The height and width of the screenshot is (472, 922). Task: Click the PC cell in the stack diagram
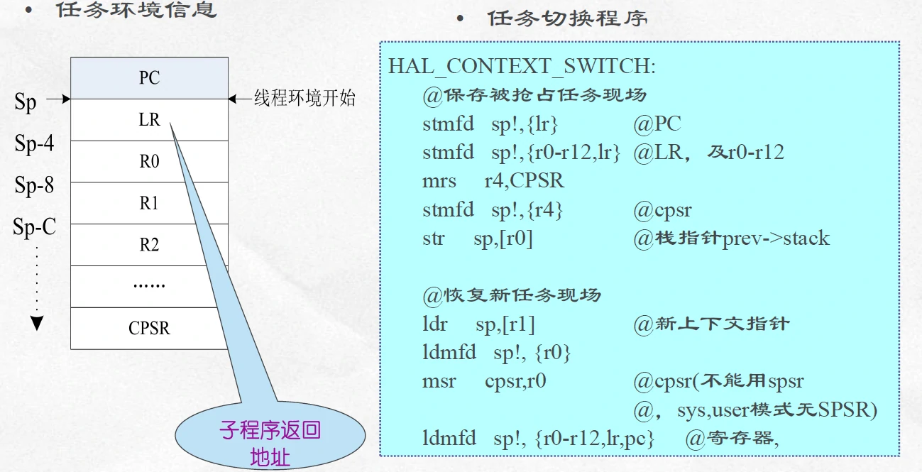[149, 77]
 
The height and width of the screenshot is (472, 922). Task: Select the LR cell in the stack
[149, 120]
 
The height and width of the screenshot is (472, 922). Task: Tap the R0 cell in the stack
[149, 161]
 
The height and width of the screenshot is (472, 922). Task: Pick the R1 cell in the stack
[149, 203]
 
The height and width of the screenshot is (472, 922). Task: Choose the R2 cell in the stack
[149, 245]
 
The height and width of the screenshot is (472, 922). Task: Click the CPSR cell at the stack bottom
[149, 329]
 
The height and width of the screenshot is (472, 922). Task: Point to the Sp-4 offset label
[34, 144]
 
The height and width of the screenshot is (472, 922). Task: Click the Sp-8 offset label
[34, 186]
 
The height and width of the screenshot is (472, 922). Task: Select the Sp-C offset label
[34, 228]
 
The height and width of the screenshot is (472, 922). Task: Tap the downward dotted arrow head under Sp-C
[37, 324]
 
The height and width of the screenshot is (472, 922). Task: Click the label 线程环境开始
[304, 99]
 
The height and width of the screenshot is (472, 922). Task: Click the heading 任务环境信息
[136, 11]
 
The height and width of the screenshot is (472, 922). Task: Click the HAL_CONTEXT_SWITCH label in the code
[522, 66]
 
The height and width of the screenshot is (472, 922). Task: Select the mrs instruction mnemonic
[439, 180]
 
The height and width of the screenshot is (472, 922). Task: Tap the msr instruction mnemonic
[439, 381]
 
